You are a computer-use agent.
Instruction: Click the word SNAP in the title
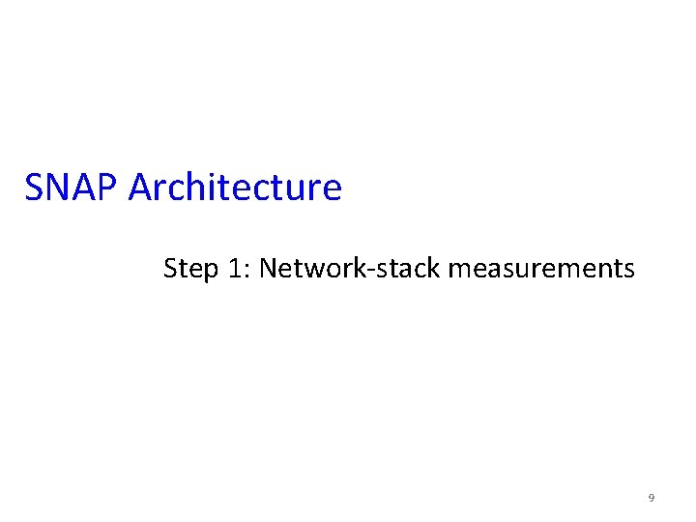tap(72, 188)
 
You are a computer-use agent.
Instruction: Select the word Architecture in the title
tap(235, 188)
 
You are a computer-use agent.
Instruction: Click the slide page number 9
tap(651, 498)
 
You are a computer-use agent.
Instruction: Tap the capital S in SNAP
tap(35, 188)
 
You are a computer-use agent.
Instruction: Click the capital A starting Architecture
tap(140, 188)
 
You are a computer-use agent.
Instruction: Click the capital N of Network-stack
tap(268, 268)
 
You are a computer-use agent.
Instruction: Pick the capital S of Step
tap(170, 268)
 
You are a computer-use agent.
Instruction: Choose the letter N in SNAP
tap(57, 188)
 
